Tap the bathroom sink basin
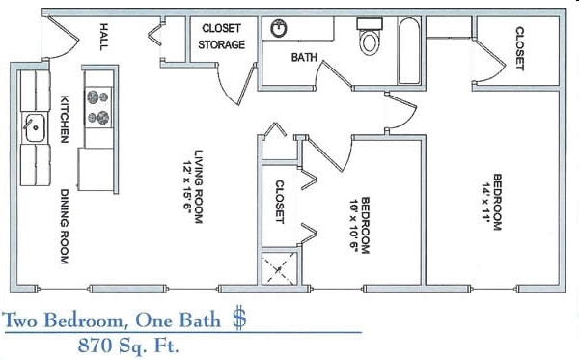[x=280, y=29]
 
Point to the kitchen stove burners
[x=98, y=106]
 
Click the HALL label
[x=104, y=38]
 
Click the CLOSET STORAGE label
[x=222, y=37]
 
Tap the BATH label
[x=305, y=58]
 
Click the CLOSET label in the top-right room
[x=520, y=47]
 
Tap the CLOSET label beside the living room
[x=280, y=202]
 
